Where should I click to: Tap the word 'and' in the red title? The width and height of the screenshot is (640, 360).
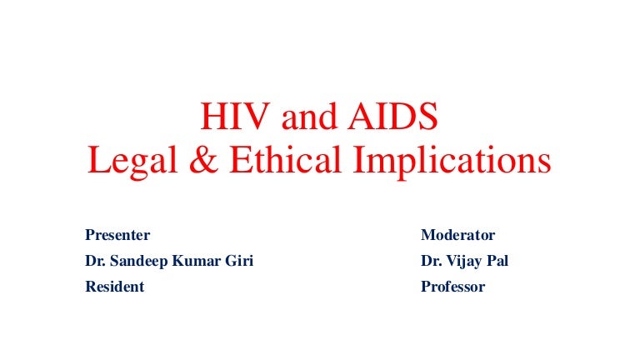(x=309, y=119)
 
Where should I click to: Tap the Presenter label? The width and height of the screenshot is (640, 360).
(x=117, y=235)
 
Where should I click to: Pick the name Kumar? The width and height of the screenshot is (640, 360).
(x=197, y=261)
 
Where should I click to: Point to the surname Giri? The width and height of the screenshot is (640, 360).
(x=239, y=261)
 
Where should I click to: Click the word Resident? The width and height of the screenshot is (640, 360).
(x=115, y=287)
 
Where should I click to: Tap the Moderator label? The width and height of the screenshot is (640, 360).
(x=458, y=235)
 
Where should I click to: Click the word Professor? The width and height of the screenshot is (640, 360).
(x=453, y=287)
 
